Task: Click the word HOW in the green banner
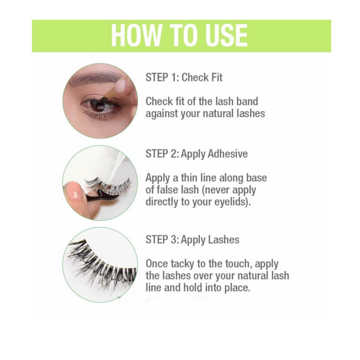(136, 35)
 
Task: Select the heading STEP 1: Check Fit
(184, 77)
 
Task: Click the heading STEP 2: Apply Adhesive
(196, 154)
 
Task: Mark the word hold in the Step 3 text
(193, 287)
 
